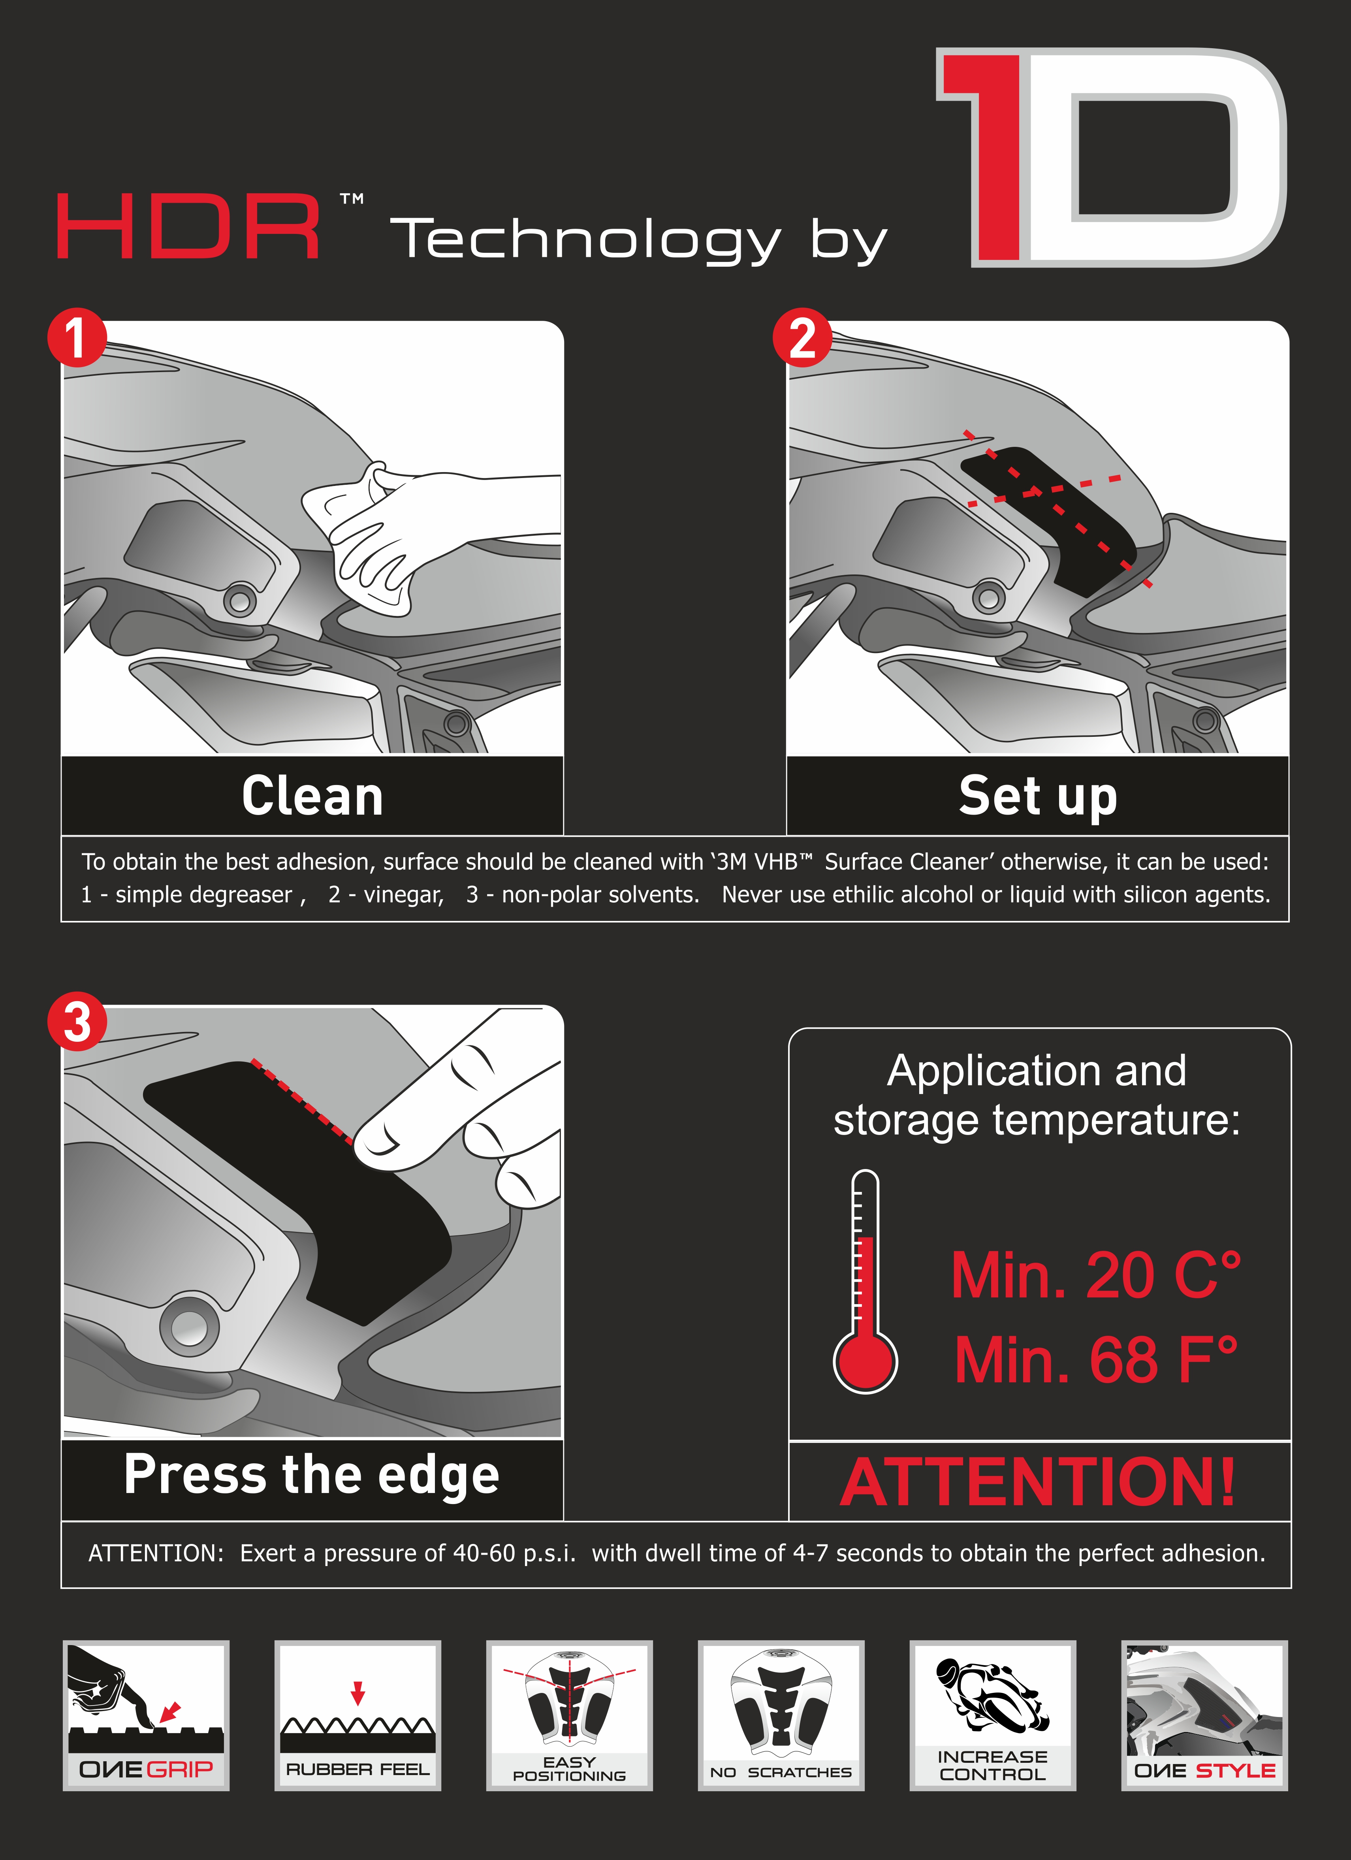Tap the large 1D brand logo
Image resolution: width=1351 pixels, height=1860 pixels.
[1111, 158]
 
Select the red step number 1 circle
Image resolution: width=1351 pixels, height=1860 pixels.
[76, 337]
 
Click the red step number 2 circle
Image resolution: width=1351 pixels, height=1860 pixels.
[802, 337]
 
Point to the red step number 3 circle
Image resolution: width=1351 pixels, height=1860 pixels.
[76, 1022]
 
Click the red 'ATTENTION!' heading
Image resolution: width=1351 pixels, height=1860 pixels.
[1038, 1483]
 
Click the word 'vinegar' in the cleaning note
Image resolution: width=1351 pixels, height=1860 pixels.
[403, 895]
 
